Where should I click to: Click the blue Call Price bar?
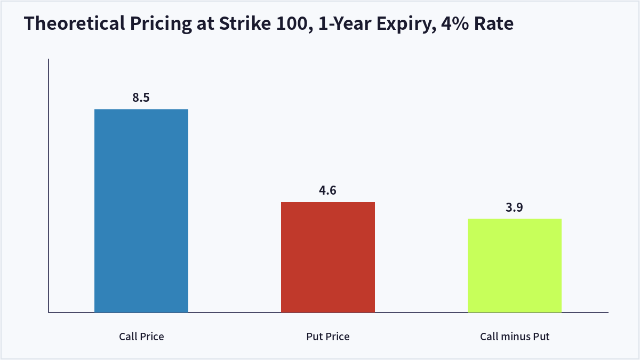[x=141, y=211]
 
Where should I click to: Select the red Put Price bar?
[x=327, y=257]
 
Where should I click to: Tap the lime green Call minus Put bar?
[x=515, y=266]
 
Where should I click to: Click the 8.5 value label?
[x=141, y=98]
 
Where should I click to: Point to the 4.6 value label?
[x=327, y=190]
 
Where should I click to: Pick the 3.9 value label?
[x=514, y=207]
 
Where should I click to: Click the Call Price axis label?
[x=141, y=337]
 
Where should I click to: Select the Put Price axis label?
[x=327, y=337]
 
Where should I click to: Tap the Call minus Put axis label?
[x=515, y=337]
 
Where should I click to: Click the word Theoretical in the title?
[x=75, y=23]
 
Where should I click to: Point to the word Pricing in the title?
[x=161, y=24]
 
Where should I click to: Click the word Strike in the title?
[x=245, y=23]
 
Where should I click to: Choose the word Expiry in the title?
[x=406, y=24]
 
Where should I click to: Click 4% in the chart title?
[x=455, y=23]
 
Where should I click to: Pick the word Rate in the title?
[x=494, y=23]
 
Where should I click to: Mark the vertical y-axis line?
[x=49, y=186]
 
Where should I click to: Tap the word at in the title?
[x=205, y=24]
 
